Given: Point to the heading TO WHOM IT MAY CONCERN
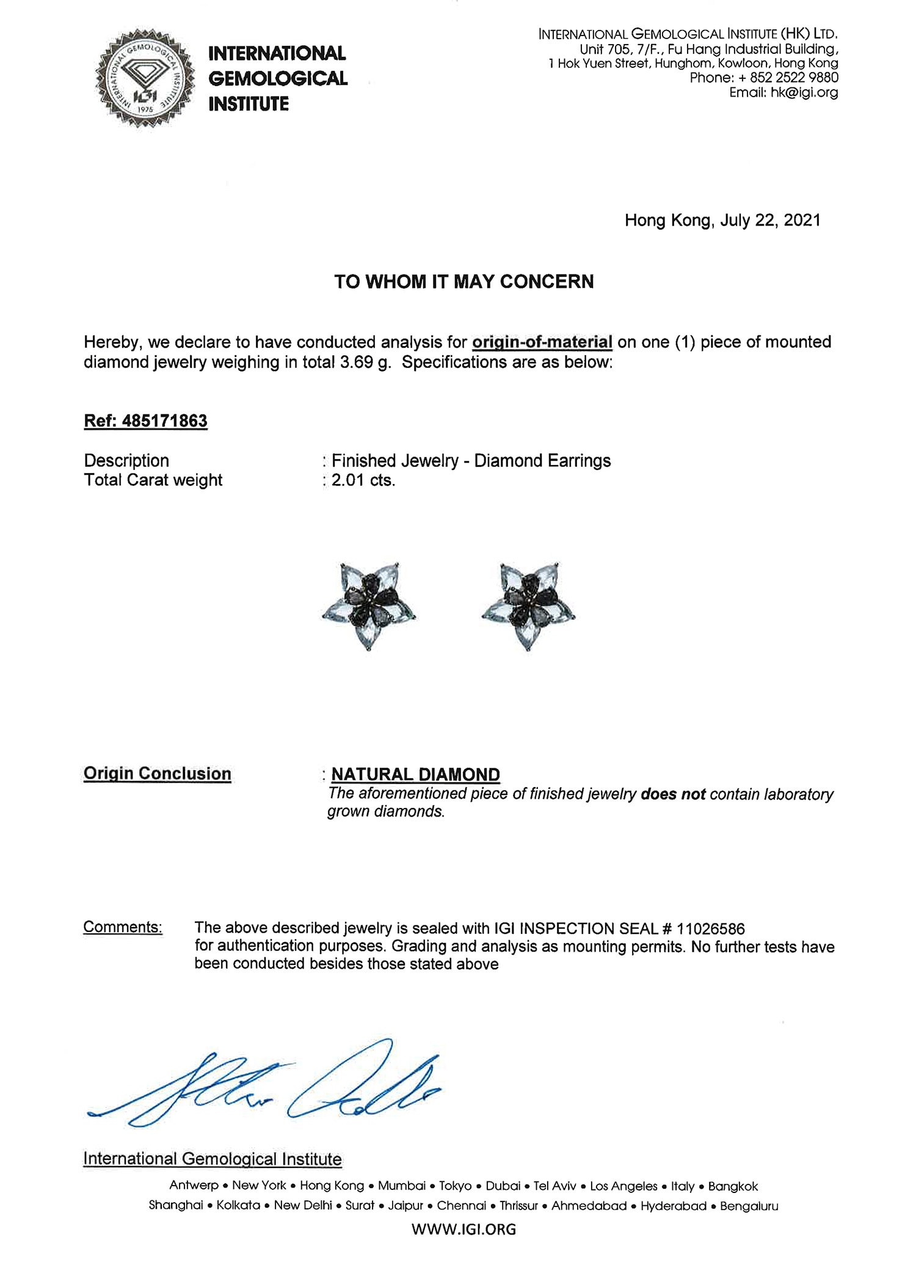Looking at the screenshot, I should click(x=463, y=282).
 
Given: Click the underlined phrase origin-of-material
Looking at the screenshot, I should click(x=542, y=342).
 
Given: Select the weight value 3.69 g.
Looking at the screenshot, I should click(x=365, y=362).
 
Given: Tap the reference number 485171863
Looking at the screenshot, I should click(x=164, y=421).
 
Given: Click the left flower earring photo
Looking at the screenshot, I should click(x=369, y=606).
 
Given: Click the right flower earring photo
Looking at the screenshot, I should click(x=528, y=606).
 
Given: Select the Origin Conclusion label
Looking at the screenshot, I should click(x=157, y=774).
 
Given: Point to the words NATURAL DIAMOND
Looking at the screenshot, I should click(x=415, y=775).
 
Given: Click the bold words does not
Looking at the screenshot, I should click(x=673, y=795).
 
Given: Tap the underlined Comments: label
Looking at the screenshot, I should click(x=123, y=927).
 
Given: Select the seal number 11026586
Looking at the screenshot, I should click(x=711, y=929).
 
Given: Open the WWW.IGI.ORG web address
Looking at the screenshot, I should click(x=463, y=1229).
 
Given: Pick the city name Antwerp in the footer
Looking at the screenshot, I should click(x=194, y=1186).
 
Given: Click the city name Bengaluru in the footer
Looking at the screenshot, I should click(x=749, y=1206).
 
